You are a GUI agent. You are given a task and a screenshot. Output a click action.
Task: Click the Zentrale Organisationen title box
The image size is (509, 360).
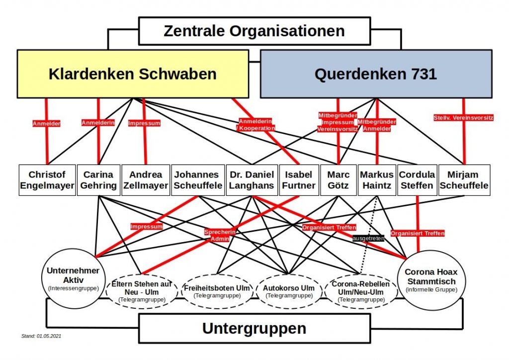click(x=254, y=31)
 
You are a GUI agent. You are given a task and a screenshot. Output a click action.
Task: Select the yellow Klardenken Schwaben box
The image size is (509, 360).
click(x=133, y=74)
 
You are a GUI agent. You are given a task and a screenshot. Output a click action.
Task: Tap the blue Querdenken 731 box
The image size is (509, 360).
click(x=375, y=74)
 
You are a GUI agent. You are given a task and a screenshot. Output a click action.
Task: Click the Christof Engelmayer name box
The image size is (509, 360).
click(x=47, y=180)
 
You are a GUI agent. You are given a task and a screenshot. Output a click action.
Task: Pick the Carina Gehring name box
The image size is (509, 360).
click(x=98, y=180)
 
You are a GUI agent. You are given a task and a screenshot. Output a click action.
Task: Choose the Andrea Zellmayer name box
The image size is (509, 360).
click(x=146, y=180)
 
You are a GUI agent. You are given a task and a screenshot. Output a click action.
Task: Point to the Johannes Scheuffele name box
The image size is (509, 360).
click(x=197, y=180)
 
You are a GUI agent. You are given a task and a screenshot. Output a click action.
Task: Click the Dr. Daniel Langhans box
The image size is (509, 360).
click(x=252, y=180)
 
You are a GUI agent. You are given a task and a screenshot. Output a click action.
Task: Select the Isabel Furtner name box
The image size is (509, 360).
click(x=298, y=180)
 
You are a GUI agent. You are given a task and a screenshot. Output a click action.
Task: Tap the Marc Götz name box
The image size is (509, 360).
click(x=338, y=180)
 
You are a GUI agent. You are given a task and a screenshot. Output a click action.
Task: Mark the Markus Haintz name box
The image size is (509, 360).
click(x=376, y=180)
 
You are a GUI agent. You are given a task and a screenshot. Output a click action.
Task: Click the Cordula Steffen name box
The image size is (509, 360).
click(x=417, y=180)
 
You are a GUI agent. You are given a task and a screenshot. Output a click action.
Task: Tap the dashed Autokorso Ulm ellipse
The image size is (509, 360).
click(x=289, y=291)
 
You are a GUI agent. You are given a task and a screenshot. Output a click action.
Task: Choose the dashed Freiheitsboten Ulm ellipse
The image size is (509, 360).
click(x=216, y=291)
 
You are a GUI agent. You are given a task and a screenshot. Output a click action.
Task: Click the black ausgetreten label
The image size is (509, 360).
click(x=368, y=238)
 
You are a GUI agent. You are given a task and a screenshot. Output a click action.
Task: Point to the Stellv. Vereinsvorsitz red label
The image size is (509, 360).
click(x=463, y=118)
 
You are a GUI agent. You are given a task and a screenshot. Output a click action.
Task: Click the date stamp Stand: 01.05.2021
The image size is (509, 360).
click(x=41, y=336)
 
